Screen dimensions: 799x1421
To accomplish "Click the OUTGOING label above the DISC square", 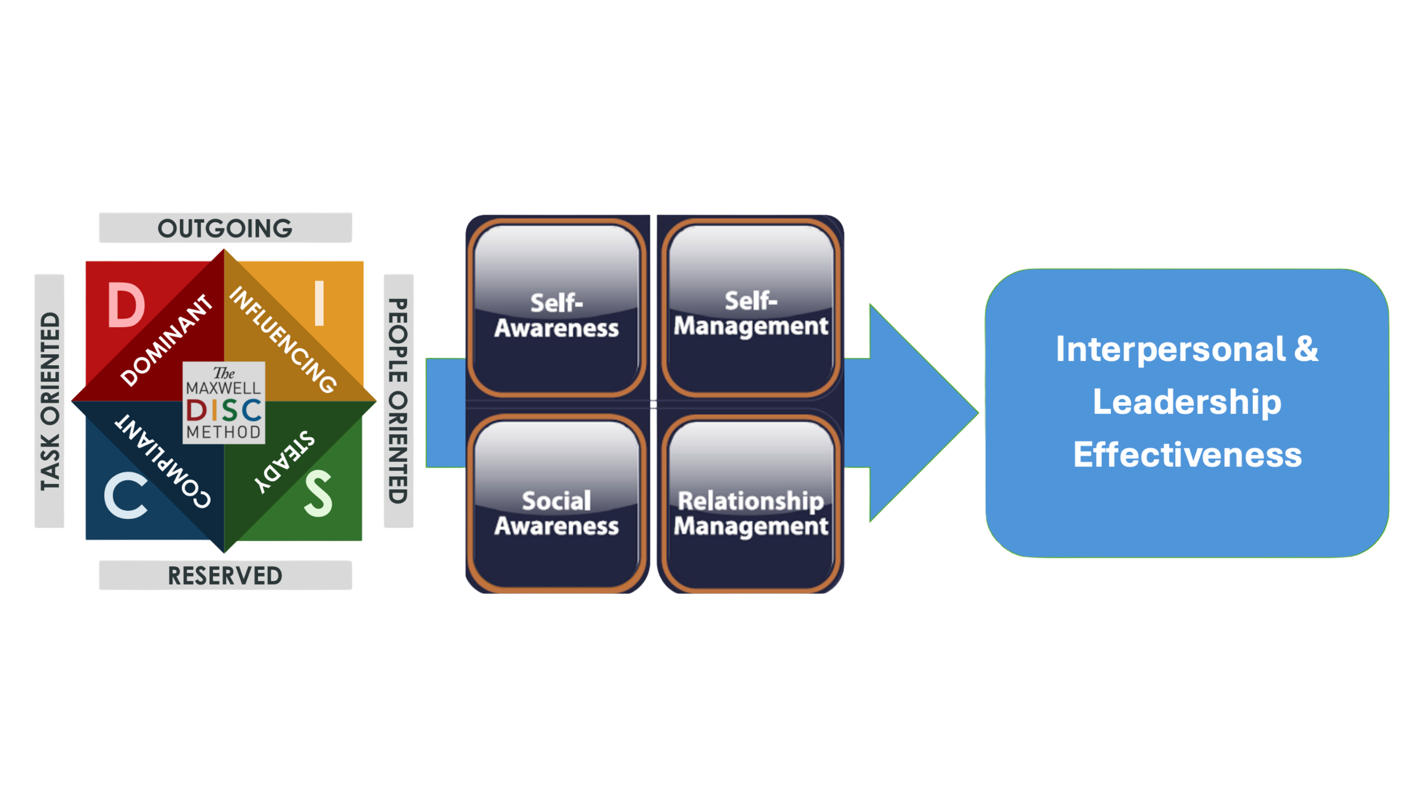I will (x=225, y=228).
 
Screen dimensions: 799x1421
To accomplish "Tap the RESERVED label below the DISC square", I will (x=225, y=576).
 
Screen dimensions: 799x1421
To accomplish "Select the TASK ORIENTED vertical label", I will (x=50, y=401).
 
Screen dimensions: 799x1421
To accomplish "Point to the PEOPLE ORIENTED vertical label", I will (x=398, y=401).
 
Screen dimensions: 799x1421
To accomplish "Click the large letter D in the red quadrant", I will (x=126, y=306).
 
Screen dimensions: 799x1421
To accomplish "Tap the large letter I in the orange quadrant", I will (x=319, y=305).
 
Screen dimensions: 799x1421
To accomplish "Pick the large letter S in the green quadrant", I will (x=318, y=496).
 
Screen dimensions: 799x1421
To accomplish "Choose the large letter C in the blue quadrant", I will (x=126, y=497).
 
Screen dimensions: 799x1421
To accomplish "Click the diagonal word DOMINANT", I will (x=166, y=341).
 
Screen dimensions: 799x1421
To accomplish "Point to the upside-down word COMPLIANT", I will (x=163, y=461).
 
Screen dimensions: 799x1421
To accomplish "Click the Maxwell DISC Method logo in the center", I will (x=224, y=402).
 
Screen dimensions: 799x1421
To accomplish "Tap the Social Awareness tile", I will (x=556, y=506).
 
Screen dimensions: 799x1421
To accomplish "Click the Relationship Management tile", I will (x=750, y=506).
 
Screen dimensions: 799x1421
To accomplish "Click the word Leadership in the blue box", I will (x=1187, y=402).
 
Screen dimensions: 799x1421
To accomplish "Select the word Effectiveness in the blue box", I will (x=1187, y=455).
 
